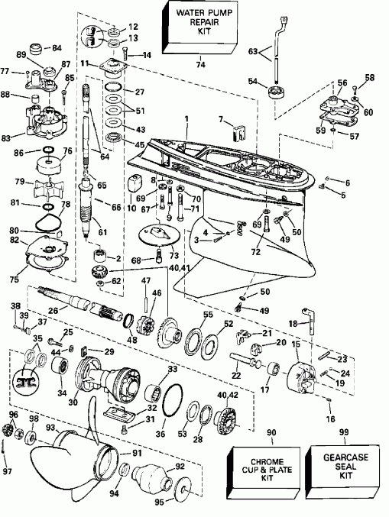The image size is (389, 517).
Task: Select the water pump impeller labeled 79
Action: click(x=55, y=183)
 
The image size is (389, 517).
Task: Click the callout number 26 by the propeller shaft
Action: click(x=52, y=311)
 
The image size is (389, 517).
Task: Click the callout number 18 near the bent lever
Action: click(x=293, y=324)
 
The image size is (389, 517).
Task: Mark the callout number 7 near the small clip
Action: click(x=219, y=119)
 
